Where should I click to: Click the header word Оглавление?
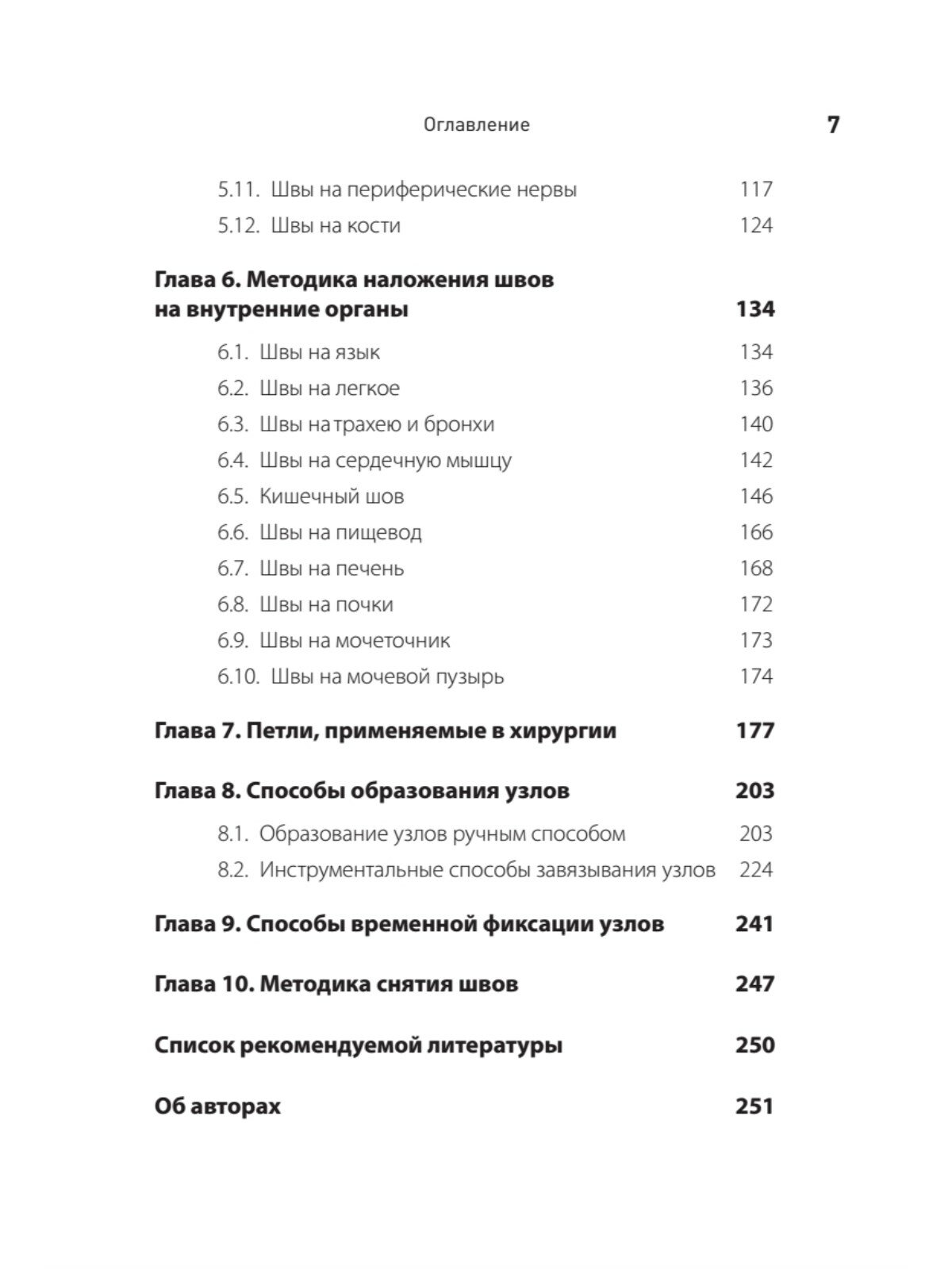pos(476,125)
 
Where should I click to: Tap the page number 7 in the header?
pos(832,125)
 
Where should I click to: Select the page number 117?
pos(755,190)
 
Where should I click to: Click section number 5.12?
pos(239,226)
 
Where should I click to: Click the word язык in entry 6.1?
pos(358,352)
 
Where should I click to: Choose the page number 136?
pos(755,388)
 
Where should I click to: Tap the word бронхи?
pos(459,424)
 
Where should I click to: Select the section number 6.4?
pos(232,460)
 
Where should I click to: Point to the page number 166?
pos(755,532)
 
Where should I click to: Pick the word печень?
pos(370,569)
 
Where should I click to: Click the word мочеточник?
pos(393,641)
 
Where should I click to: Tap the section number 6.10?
pos(238,677)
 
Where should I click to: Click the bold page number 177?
pos(754,730)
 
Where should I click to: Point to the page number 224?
pos(755,870)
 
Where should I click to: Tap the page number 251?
pos(754,1106)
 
